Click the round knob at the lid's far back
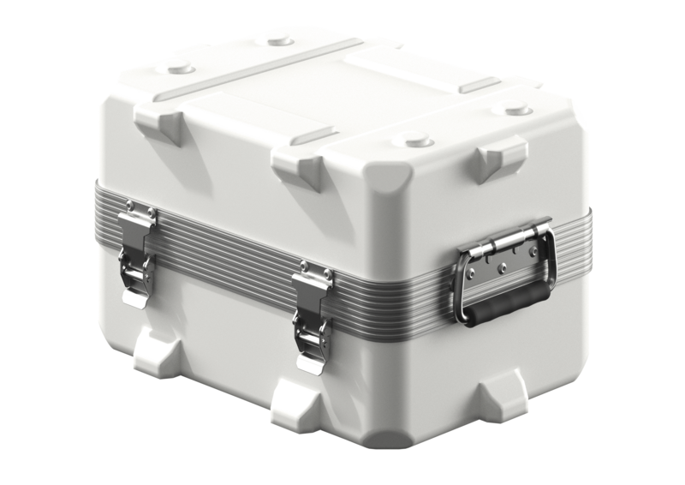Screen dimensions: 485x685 pyautogui.click(x=280, y=39)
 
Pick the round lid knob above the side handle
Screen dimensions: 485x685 pyautogui.click(x=516, y=110)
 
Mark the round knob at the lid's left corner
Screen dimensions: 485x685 pyautogui.click(x=181, y=67)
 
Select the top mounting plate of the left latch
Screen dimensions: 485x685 pyautogui.click(x=137, y=214)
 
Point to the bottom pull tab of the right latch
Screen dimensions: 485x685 pyautogui.click(x=308, y=365)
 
